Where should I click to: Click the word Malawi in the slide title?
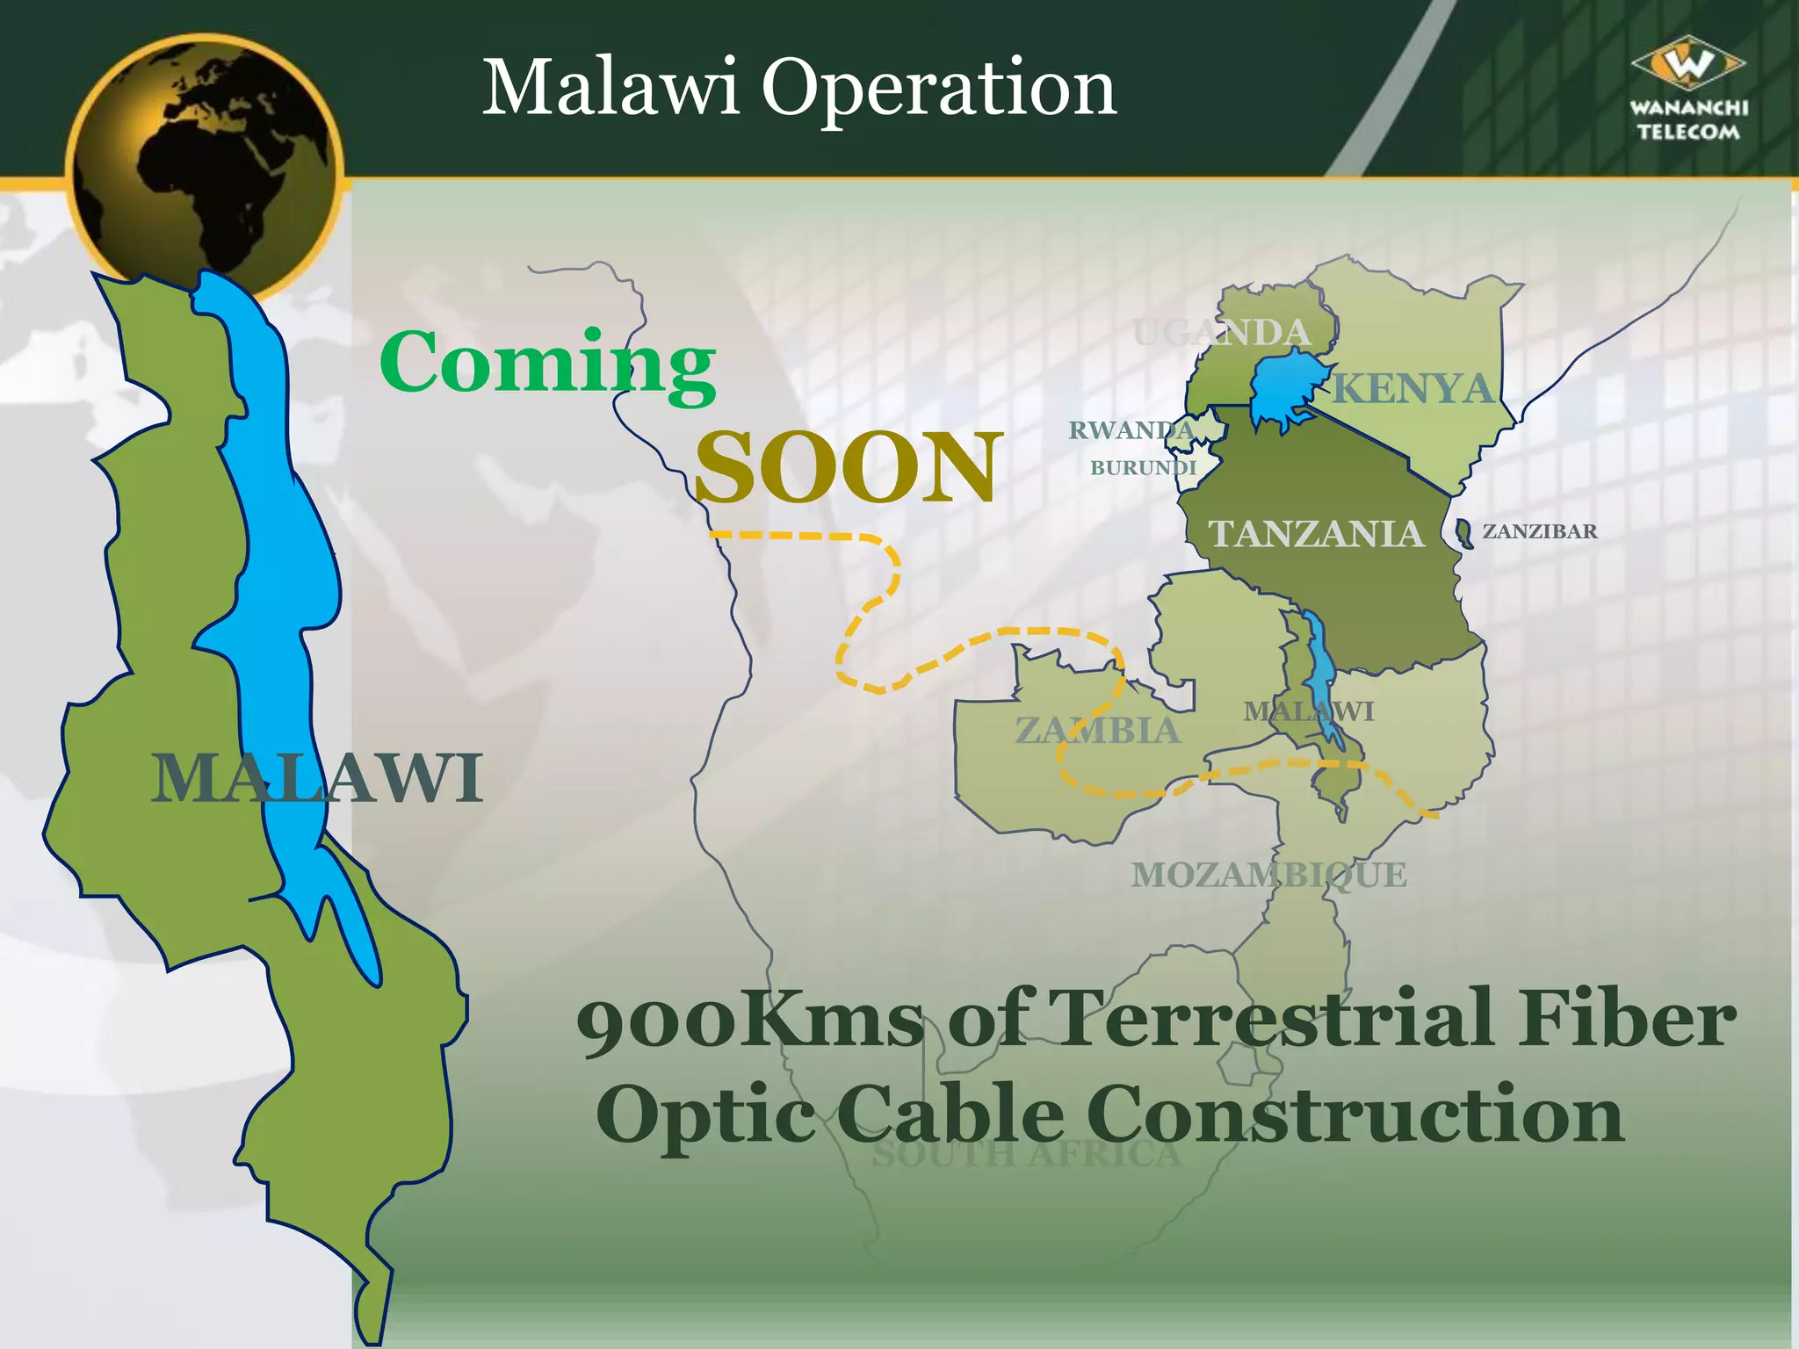[611, 88]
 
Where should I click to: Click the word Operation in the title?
[938, 90]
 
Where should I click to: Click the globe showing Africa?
[204, 167]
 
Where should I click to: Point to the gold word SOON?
[848, 467]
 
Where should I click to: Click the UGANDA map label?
[1221, 333]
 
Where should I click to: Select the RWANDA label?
[1131, 430]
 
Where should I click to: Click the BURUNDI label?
[1143, 468]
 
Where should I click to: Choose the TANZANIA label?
[1315, 533]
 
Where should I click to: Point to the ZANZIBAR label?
[1540, 531]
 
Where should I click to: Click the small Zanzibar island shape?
[1463, 533]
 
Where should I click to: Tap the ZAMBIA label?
[1097, 730]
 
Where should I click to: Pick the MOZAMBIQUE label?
[1268, 875]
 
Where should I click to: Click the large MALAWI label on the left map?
[317, 778]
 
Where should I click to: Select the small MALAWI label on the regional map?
[1308, 711]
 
